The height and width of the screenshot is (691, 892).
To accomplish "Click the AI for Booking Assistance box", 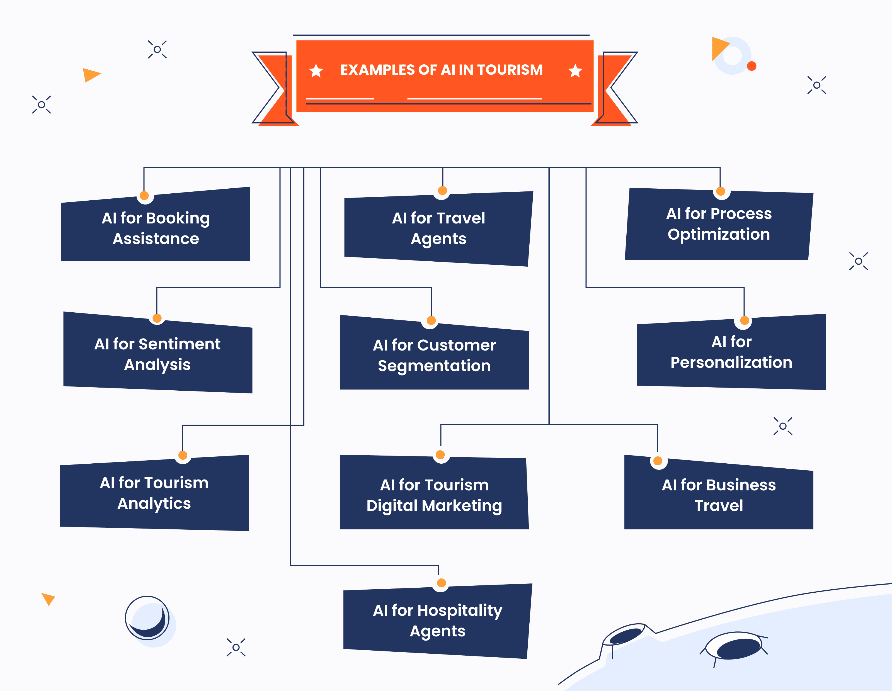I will coord(156,228).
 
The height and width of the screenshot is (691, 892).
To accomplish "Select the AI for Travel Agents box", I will coord(438,228).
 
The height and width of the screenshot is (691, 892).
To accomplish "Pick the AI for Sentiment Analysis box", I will coord(158,354).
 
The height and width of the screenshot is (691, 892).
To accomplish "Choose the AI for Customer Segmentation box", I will coord(434,355).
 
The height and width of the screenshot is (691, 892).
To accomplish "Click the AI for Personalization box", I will coord(731,352).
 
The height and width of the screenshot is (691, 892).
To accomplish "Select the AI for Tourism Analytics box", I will coord(154,493).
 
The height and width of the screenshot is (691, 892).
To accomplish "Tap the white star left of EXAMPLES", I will coord(316,71).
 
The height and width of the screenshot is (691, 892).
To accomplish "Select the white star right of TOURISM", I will coord(575,71).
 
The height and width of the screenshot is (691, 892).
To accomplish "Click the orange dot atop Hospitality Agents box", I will coord(441,583).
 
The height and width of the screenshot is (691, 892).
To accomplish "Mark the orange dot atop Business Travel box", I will coord(658,461).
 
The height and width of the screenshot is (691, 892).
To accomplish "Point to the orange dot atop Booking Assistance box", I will coord(144,196).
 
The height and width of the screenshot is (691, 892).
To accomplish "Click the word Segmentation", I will coord(434,366).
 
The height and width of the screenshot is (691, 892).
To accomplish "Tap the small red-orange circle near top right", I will coord(752,66).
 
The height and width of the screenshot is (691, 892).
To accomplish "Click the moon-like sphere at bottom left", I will coord(147,618).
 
